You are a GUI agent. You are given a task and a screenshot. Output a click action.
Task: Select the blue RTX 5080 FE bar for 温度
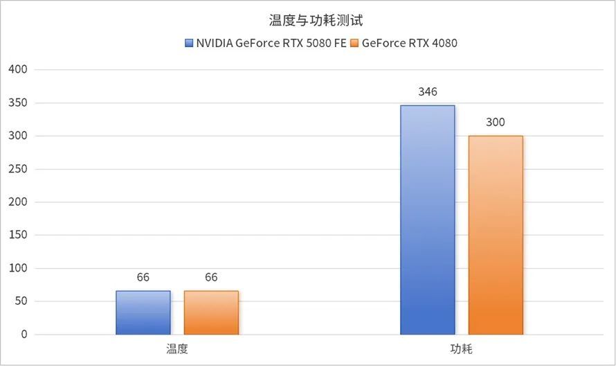[x=143, y=312]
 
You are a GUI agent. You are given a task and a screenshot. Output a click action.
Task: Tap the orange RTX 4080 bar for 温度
[x=211, y=312]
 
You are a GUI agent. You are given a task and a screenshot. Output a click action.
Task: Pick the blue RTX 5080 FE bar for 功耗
[x=428, y=220]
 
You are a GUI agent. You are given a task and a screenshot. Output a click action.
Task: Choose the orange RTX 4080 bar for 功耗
[x=496, y=235]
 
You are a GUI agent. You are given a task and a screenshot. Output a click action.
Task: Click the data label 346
[x=428, y=91]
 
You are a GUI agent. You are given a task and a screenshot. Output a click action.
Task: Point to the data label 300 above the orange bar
[x=496, y=123]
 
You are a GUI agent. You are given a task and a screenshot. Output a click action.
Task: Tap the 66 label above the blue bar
[x=143, y=277]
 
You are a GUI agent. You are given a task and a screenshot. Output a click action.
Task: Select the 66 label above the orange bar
[x=211, y=277]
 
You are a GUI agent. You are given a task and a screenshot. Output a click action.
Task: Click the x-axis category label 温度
[x=177, y=349]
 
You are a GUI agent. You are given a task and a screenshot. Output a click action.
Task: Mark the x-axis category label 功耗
[x=462, y=349]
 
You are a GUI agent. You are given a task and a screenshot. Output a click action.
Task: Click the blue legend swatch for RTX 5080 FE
[x=189, y=43]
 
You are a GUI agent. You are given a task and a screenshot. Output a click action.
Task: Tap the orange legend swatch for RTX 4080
[x=355, y=43]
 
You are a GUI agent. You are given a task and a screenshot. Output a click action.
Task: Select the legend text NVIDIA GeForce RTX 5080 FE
[x=271, y=43]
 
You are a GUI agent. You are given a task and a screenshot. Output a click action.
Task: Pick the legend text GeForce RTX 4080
[x=409, y=43]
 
